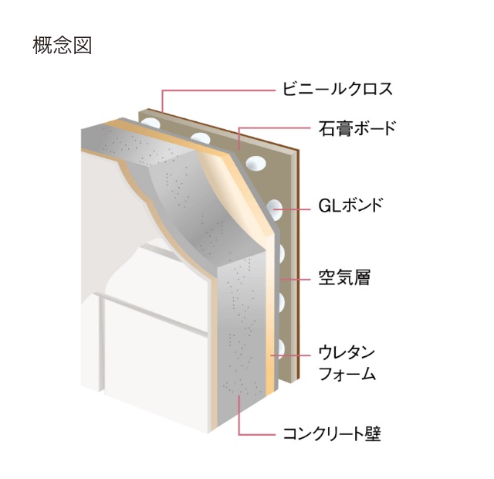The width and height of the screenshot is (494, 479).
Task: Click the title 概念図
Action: coord(63,46)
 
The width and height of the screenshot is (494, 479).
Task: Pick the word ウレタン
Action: coord(347,353)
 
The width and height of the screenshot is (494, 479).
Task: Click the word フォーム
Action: coord(347,375)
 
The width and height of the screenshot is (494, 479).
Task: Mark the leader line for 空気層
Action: coord(297,277)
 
